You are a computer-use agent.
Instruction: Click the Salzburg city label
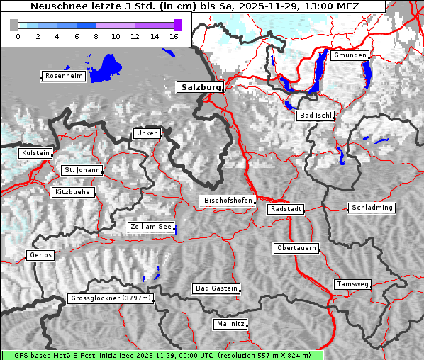coord(200,87)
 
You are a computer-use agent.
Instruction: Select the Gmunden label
coord(350,55)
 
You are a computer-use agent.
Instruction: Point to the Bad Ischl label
coord(316,116)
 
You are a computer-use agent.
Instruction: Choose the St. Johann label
coord(82,170)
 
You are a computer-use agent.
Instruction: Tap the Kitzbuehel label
coord(74,192)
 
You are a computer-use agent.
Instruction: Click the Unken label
coord(147,133)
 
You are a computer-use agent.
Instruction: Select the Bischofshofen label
coord(228,201)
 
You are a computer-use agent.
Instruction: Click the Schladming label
coord(372,208)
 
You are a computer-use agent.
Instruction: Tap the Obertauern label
coord(296,248)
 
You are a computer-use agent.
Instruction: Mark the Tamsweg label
coord(352,284)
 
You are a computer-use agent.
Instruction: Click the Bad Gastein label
coord(216,288)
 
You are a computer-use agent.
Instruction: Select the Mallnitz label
coord(230,324)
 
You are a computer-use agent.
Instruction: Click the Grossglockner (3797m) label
coord(111,298)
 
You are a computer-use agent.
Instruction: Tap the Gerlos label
coord(40,255)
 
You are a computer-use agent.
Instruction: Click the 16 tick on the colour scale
coord(174,36)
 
